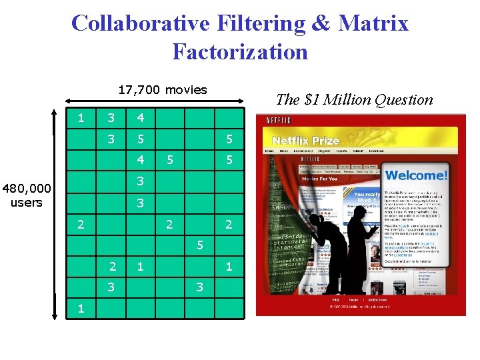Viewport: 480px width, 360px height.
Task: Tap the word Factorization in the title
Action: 240,51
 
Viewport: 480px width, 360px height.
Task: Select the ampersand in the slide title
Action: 320,23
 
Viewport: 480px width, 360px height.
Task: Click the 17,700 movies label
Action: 163,89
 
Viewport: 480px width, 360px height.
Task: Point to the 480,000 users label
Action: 27,195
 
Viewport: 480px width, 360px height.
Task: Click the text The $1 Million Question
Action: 354,100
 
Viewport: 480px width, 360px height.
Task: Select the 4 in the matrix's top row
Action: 140,119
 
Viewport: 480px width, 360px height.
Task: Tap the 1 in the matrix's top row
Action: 81,119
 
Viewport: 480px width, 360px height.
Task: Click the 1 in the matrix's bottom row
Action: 81,308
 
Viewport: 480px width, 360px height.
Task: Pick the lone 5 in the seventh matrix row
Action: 199,245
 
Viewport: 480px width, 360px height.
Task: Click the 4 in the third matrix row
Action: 140,160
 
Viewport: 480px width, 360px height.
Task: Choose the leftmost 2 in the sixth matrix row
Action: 81,225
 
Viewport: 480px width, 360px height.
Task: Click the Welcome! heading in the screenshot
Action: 417,177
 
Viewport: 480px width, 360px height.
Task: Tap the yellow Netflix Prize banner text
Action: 306,141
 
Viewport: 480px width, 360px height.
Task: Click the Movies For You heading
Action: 320,179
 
